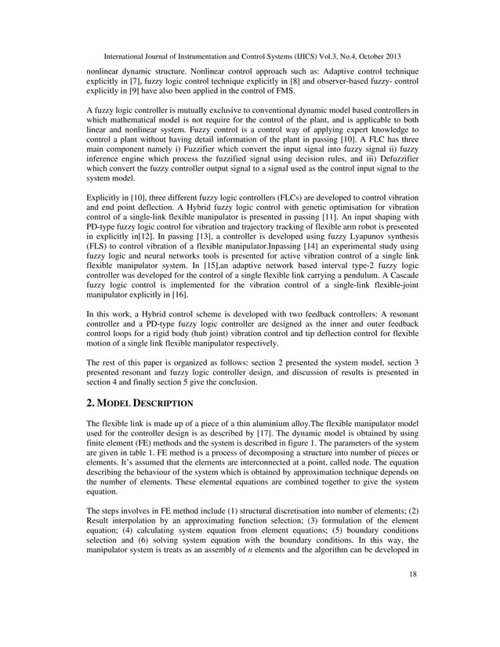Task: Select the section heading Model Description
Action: [142, 403]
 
